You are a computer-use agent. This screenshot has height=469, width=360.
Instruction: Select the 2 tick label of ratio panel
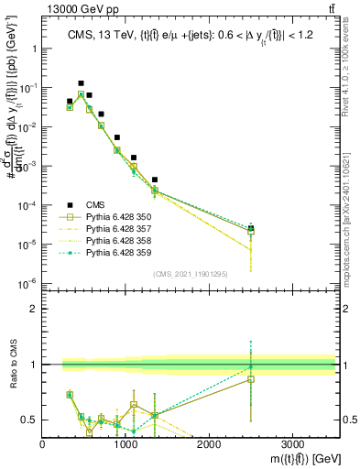(x=33, y=309)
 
